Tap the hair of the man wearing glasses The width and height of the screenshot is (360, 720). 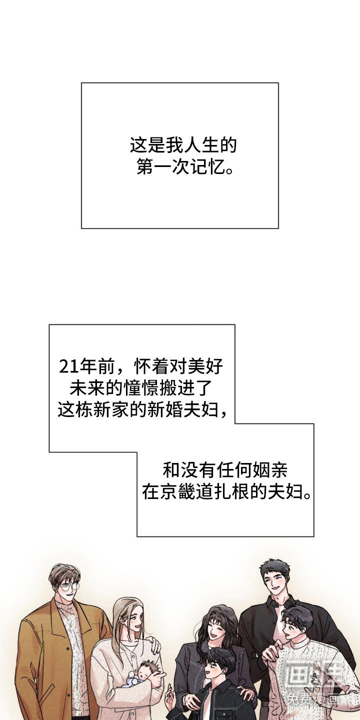(x=64, y=572)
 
